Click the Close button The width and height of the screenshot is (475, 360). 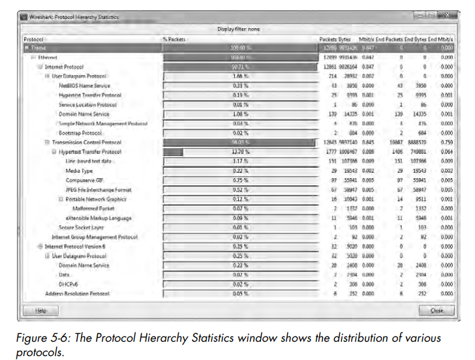click(437, 310)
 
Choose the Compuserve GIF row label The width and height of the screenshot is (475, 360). click(84, 180)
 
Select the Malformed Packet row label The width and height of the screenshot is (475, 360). click(95, 208)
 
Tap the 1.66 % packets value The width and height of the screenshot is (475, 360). click(240, 76)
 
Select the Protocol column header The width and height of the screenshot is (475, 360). click(33, 39)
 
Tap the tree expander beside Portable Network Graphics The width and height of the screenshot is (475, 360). click(60, 199)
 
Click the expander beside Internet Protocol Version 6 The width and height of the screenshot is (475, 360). click(40, 247)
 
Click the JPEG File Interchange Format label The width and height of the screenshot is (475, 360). click(95, 189)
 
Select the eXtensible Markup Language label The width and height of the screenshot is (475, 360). click(98, 218)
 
